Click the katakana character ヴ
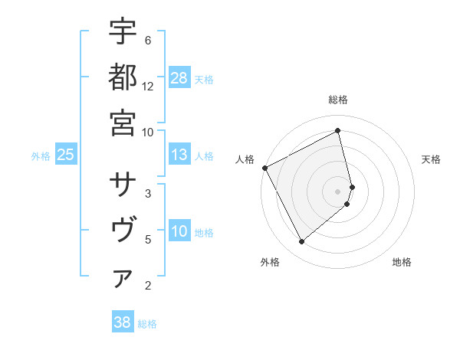click(123, 231)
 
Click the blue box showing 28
click(179, 78)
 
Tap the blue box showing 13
click(179, 155)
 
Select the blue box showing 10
click(179, 232)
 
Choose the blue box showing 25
click(66, 155)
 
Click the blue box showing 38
click(123, 322)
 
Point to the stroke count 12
click(148, 87)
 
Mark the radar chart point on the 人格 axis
click(264, 167)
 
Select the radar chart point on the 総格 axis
click(338, 131)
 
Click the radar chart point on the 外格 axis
click(301, 242)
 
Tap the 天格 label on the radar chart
click(431, 159)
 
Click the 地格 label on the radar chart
click(402, 262)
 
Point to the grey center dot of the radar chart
click(338, 191)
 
